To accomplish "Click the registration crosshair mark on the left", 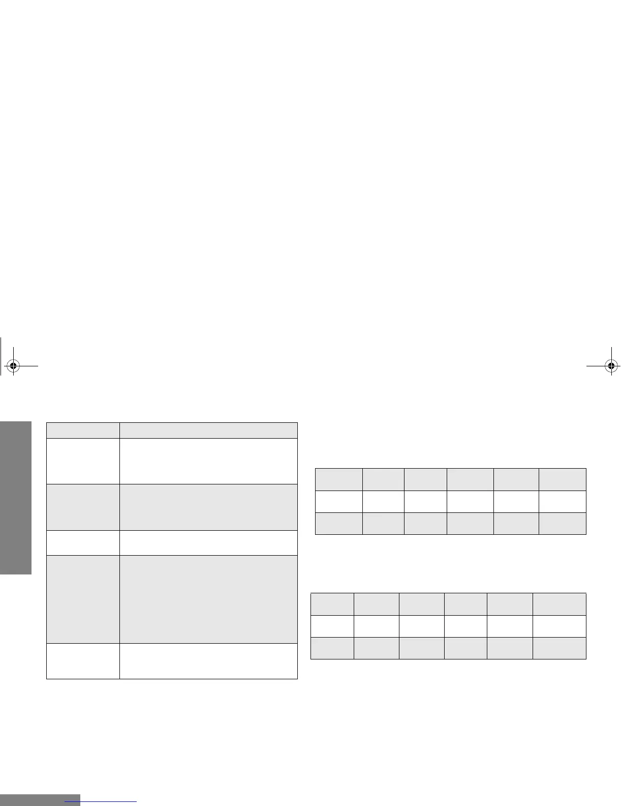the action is (x=14, y=365).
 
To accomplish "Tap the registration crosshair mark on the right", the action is (x=612, y=365).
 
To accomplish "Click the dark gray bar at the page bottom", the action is (x=40, y=800).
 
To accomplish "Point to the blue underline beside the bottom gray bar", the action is (x=101, y=801).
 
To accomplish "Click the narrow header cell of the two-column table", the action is (x=83, y=430).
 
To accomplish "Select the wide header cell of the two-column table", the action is (x=208, y=430).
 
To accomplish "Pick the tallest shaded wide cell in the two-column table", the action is (x=208, y=599).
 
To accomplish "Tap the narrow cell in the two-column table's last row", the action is (x=83, y=661).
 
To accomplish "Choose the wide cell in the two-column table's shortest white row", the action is (x=208, y=542).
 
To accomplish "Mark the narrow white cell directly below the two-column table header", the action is (x=83, y=460).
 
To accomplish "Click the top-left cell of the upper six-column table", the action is (x=339, y=479).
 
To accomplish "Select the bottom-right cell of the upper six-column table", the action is (x=562, y=523).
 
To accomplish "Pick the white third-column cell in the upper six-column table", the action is (x=425, y=501).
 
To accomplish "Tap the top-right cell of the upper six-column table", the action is (x=562, y=479).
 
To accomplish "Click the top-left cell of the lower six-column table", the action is (x=332, y=604).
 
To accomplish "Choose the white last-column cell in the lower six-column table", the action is (x=559, y=626).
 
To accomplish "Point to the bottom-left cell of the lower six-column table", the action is (x=332, y=648).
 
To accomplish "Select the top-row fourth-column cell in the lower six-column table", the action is (x=465, y=604).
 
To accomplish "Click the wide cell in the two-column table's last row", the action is (x=208, y=661).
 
